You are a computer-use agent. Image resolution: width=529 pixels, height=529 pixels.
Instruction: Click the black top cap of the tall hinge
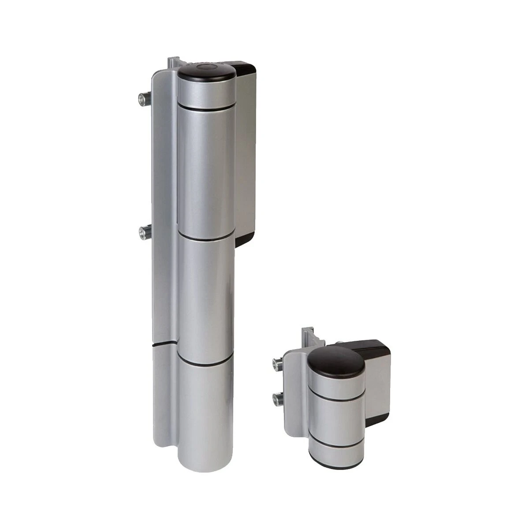pyautogui.click(x=206, y=72)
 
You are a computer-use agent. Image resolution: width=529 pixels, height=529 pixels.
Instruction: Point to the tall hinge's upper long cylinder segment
pyautogui.click(x=206, y=172)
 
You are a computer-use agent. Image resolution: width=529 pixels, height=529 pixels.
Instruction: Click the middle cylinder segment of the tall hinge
pyautogui.click(x=206, y=300)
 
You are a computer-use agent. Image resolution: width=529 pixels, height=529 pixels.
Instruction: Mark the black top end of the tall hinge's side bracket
pyautogui.click(x=245, y=68)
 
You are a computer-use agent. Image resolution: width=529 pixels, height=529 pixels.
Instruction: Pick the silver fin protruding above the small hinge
pyautogui.click(x=307, y=337)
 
